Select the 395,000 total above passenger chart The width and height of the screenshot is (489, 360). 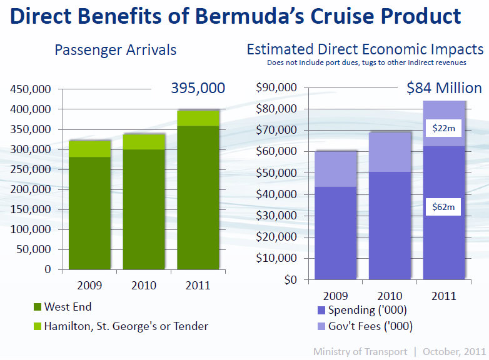(198, 88)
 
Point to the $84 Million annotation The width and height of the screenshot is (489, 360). (444, 88)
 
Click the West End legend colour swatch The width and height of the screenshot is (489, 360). (37, 307)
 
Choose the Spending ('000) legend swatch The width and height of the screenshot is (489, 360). (321, 310)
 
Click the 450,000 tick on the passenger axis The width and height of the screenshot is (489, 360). (32, 89)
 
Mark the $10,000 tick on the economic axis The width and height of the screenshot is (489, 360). (277, 258)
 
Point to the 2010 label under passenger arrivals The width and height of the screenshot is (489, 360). (144, 286)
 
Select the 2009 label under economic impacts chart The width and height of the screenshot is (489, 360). (335, 295)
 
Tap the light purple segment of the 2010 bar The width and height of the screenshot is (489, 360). (390, 152)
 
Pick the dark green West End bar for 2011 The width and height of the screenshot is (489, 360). (197, 197)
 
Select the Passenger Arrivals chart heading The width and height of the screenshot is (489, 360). (116, 49)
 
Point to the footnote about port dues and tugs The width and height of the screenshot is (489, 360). (365, 63)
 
